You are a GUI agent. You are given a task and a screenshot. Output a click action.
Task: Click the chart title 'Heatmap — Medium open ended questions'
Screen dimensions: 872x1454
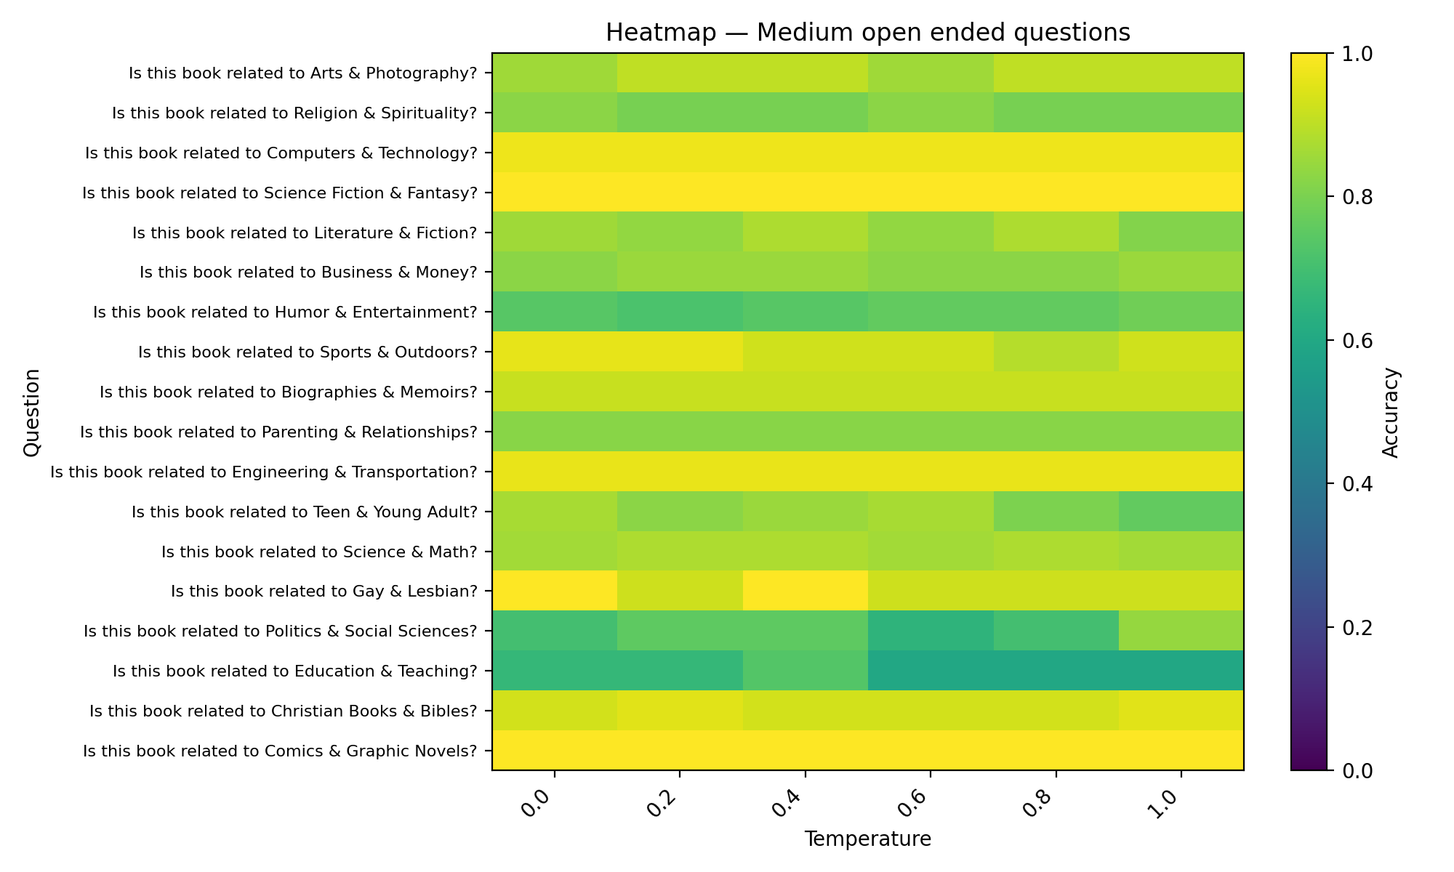867,33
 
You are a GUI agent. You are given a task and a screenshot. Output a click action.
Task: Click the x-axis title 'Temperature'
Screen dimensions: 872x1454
867,839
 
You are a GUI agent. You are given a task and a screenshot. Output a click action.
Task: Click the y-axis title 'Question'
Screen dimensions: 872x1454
31,412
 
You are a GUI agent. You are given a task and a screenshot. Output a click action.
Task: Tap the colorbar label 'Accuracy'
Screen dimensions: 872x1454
1390,412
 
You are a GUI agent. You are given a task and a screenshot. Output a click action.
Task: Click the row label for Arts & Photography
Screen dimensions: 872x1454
302,73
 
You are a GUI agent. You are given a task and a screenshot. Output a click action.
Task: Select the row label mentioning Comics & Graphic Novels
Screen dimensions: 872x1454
280,751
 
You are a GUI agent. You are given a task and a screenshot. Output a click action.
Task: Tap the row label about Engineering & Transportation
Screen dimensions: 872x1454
263,472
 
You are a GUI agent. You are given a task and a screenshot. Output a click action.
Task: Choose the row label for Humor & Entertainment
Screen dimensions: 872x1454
285,312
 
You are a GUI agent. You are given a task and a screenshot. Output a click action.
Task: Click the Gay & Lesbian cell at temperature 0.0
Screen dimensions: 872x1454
555,591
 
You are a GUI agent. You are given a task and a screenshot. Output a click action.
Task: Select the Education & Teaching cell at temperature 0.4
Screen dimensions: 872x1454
805,671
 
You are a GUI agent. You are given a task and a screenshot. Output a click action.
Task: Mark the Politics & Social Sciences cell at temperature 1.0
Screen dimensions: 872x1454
1181,631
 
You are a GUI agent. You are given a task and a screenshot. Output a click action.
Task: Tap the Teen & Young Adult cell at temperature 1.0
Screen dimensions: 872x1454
1181,512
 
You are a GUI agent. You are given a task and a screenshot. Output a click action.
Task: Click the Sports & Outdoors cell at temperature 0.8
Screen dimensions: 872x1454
1056,352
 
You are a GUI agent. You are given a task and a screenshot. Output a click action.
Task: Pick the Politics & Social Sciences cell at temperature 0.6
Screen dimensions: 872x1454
930,631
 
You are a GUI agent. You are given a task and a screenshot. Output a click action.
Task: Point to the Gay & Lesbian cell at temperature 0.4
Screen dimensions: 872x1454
805,591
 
